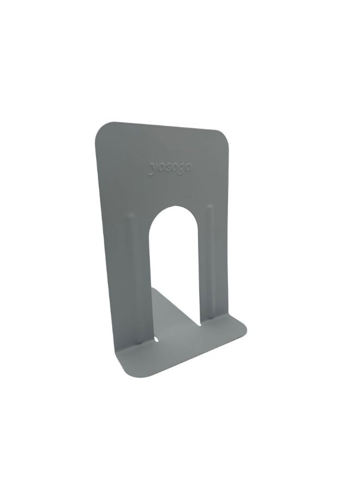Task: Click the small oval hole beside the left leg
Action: (x=158, y=339)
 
